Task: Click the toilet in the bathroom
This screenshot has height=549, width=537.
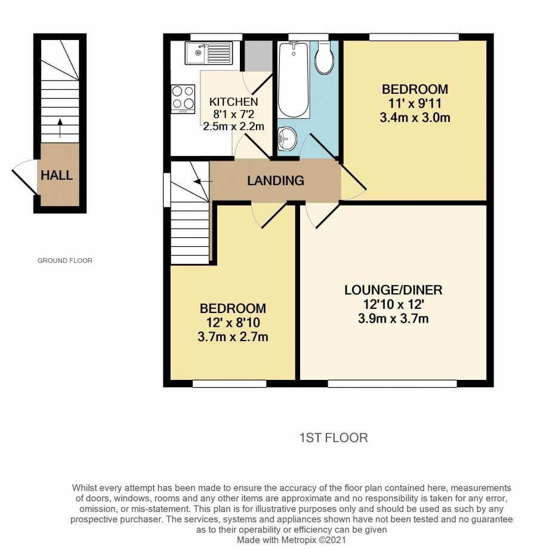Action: [x=324, y=58]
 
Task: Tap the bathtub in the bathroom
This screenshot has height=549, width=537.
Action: [x=294, y=80]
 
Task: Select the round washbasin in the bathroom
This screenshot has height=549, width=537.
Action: [x=288, y=139]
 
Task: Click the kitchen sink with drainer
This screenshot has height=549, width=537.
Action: [x=209, y=53]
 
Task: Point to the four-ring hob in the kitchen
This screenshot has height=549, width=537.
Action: [x=183, y=99]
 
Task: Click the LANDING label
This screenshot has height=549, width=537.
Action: [x=276, y=180]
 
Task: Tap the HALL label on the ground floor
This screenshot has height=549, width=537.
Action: [x=57, y=175]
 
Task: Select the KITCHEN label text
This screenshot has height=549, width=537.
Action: [x=233, y=102]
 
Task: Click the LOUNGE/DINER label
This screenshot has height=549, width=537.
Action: [x=393, y=290]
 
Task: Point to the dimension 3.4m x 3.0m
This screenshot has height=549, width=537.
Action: [x=415, y=117]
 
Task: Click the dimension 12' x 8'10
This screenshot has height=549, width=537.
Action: [x=233, y=323]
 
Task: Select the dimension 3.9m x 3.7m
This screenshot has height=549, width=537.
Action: [x=393, y=318]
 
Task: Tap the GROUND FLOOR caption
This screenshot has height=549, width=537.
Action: [x=64, y=260]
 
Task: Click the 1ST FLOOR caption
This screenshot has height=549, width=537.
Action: [x=334, y=438]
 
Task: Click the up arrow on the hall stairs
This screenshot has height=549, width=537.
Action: [x=60, y=128]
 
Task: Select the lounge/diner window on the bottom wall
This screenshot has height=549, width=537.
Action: [x=392, y=384]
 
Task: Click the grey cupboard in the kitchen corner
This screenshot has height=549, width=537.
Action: [x=258, y=56]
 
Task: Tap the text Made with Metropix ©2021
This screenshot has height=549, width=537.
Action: [x=291, y=540]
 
